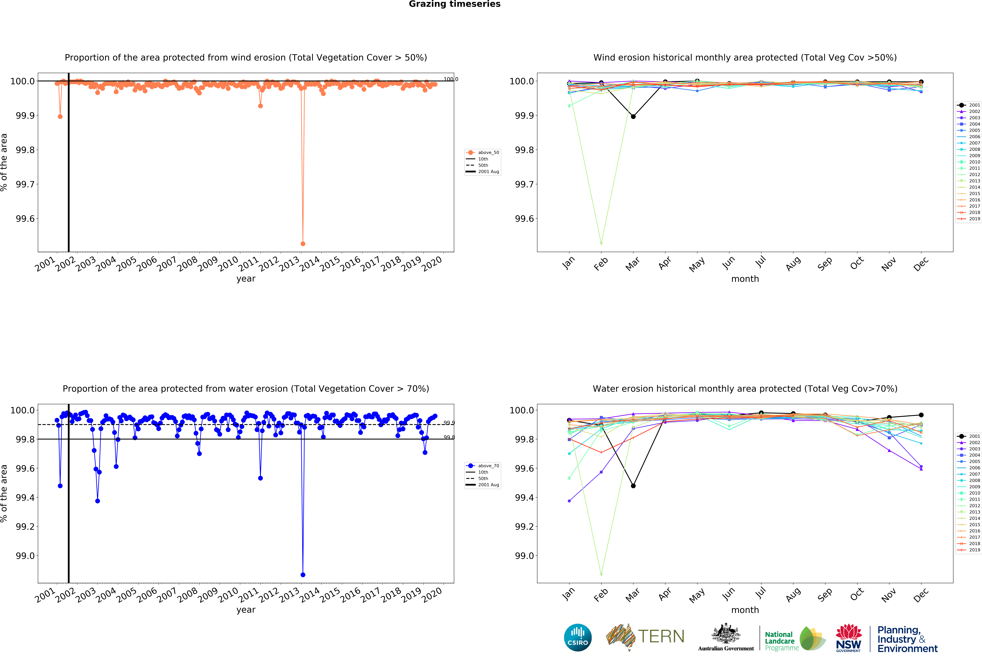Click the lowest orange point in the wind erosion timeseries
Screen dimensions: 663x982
303,244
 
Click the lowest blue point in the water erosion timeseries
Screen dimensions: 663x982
303,575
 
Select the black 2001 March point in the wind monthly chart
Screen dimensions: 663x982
633,117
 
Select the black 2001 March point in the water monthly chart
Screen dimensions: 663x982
633,486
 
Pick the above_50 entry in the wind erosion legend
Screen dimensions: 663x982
488,152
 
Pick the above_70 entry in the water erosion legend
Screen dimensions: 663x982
488,466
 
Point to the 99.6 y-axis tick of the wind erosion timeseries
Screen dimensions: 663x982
25,219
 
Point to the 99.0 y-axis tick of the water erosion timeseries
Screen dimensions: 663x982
25,556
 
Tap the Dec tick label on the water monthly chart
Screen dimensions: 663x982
921,595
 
